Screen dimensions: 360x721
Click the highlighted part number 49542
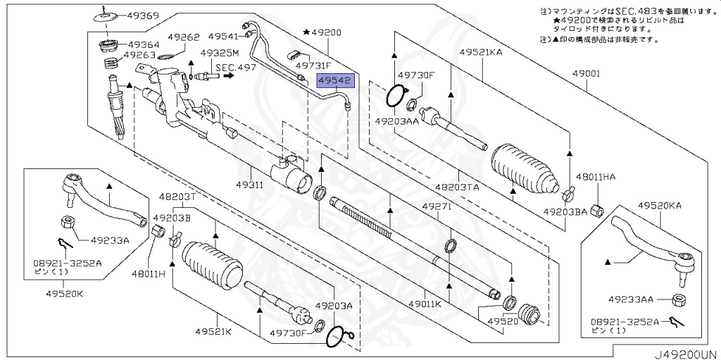click(334, 81)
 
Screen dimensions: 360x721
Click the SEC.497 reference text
click(237, 68)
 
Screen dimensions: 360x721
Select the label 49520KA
click(660, 206)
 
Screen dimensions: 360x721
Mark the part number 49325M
click(220, 53)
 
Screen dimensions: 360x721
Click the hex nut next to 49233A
click(68, 223)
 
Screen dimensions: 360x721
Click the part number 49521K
click(213, 331)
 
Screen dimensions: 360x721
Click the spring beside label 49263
click(110, 64)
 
